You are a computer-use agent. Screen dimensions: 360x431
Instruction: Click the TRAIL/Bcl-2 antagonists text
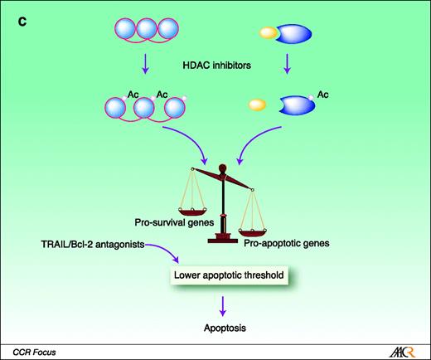click(71, 246)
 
